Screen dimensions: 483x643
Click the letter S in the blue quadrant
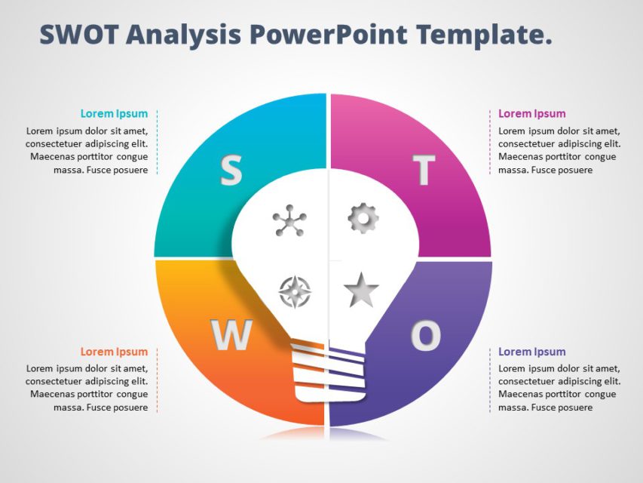(x=231, y=171)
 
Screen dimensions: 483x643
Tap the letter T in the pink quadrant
(x=424, y=171)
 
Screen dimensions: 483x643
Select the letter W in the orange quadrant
(x=231, y=335)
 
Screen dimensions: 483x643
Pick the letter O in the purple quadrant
(x=426, y=335)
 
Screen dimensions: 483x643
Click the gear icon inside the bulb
(x=363, y=218)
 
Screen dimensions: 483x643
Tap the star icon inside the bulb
(x=361, y=291)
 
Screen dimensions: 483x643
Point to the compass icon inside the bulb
(x=294, y=292)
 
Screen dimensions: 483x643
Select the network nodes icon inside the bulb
(x=289, y=221)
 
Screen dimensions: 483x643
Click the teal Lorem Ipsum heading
(x=114, y=114)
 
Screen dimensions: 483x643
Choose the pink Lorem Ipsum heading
(x=531, y=114)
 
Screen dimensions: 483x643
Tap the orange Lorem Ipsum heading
(x=114, y=352)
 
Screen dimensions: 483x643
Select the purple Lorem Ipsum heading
(x=531, y=352)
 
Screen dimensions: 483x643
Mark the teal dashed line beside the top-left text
(x=158, y=142)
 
